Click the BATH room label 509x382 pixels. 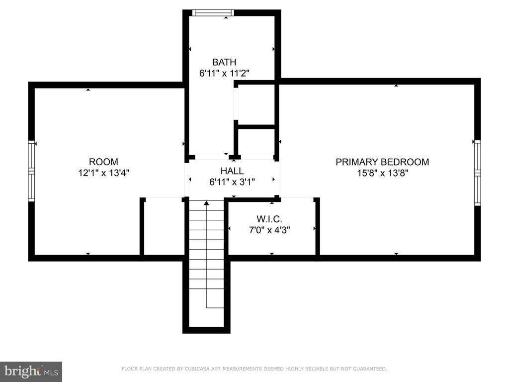(224, 62)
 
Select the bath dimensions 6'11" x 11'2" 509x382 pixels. (224, 73)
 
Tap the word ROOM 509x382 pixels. (103, 162)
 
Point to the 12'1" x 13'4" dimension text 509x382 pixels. (103, 173)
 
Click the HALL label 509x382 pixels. (232, 171)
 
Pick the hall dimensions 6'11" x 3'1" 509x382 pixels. (232, 182)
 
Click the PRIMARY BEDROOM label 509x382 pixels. (382, 162)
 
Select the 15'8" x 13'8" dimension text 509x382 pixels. (382, 173)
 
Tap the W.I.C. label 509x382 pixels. (269, 219)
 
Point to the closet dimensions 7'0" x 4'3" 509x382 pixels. (269, 230)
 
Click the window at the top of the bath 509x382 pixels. (213, 12)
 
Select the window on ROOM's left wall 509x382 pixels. (31, 171)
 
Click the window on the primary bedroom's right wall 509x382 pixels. (478, 173)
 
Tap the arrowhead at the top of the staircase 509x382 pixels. (206, 203)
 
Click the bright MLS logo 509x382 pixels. (31, 372)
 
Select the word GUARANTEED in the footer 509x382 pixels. (370, 369)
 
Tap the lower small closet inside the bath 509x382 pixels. (256, 142)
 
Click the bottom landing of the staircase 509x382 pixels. (206, 317)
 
